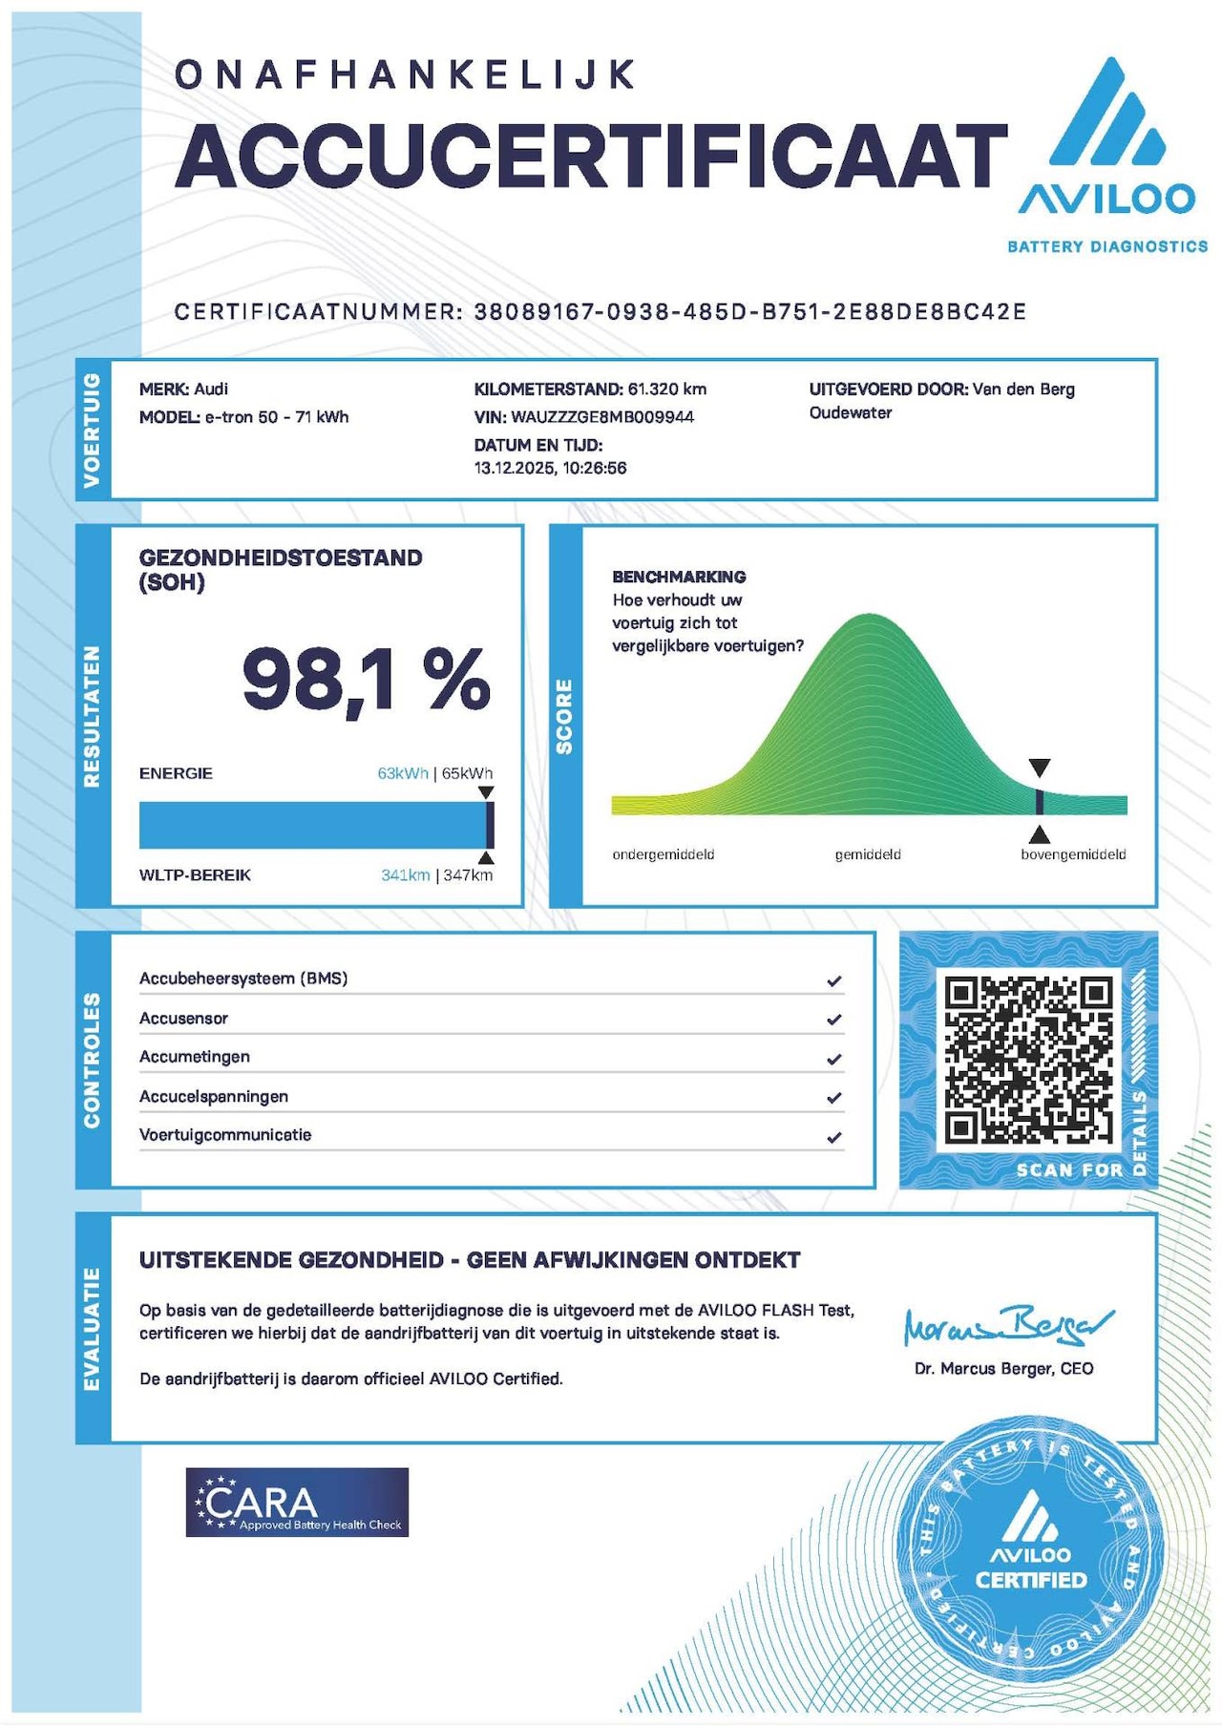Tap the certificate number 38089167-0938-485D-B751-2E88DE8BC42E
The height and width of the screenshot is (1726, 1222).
[749, 312]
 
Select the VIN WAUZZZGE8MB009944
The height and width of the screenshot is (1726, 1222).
[602, 417]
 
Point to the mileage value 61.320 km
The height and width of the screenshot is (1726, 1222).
[666, 389]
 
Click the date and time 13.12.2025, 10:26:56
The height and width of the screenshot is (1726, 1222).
[550, 468]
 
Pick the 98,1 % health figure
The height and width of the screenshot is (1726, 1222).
[366, 680]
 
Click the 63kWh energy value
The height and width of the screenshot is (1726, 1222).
[402, 773]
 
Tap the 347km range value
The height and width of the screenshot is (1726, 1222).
[468, 875]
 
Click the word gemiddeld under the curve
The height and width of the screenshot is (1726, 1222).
[867, 854]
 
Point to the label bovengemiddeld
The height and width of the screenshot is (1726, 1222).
[1073, 854]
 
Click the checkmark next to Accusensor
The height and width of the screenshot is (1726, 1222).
[834, 1020]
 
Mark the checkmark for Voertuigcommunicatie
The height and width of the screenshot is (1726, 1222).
[834, 1137]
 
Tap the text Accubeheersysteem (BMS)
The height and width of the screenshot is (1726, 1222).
[243, 979]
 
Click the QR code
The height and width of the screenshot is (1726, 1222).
[1028, 1060]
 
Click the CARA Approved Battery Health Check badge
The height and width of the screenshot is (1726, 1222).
[297, 1502]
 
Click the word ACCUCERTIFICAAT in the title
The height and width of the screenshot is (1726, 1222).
[591, 156]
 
